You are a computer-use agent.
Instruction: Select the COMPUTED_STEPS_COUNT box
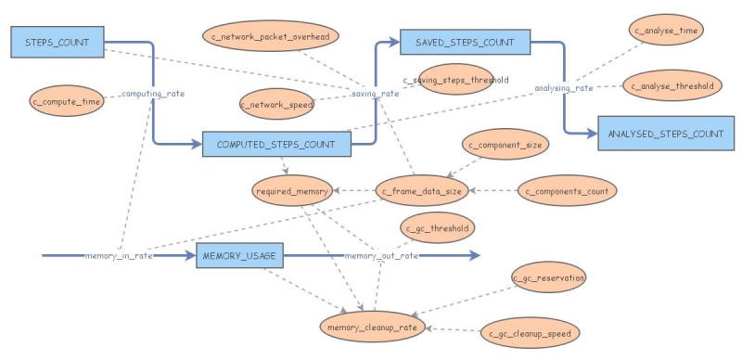coord(276,144)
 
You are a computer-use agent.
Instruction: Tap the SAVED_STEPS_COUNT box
coord(464,42)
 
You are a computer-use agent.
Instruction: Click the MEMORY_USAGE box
coord(239,255)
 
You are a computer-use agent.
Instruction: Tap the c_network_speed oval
coord(277,105)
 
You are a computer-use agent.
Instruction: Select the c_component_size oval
coord(507,145)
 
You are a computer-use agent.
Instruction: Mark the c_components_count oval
coord(566,191)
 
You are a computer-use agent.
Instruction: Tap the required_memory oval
coord(291,191)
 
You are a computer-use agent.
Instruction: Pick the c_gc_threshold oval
coord(438,226)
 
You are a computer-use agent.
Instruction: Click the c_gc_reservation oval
coord(548,277)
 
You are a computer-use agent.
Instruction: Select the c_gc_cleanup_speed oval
coord(531,332)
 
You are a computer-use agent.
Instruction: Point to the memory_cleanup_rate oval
coord(375,326)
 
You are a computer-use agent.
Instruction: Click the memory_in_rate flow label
coord(118,255)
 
